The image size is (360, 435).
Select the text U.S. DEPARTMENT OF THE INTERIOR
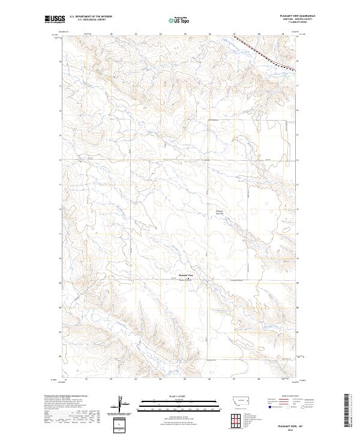91,17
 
